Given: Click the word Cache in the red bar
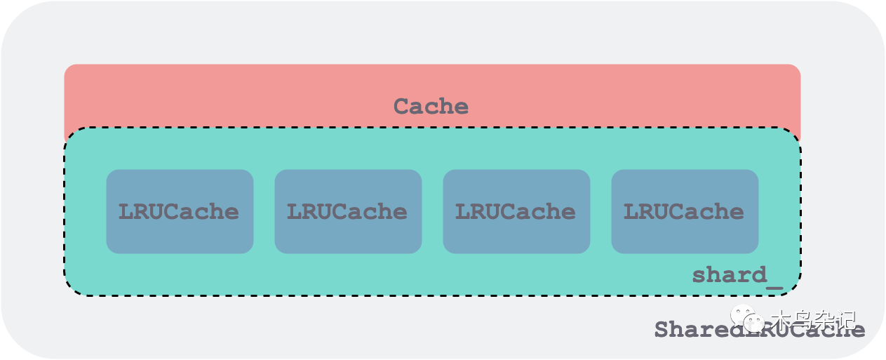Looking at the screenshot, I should [431, 107].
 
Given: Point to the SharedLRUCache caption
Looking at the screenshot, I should [759, 330].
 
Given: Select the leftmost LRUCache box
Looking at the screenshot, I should [180, 211].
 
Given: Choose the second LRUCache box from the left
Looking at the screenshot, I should [348, 211].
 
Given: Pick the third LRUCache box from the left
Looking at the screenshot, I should [516, 211].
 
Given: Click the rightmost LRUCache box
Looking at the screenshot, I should [685, 211].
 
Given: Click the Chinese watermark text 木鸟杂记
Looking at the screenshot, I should [814, 320].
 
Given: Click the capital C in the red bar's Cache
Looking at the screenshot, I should [401, 107].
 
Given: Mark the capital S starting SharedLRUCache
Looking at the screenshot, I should [661, 330].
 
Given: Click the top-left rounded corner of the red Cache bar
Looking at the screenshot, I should [69, 69].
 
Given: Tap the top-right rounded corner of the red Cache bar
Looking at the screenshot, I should [796, 69].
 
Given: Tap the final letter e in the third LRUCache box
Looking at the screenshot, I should [568, 212].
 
